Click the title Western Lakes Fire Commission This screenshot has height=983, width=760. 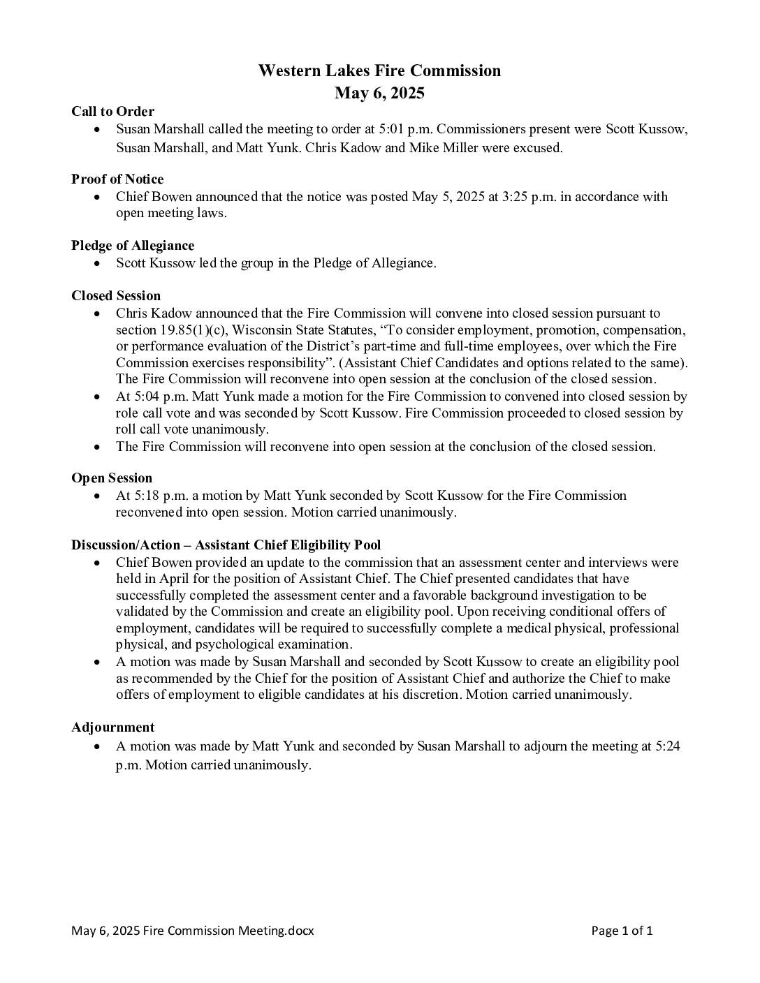(379, 71)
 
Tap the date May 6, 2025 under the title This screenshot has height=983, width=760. (379, 93)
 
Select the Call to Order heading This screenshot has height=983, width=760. (112, 111)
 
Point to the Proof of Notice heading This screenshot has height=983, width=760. (117, 179)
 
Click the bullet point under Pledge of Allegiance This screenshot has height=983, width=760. (98, 263)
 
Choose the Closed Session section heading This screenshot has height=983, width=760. (116, 295)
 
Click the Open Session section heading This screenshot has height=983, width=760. (112, 478)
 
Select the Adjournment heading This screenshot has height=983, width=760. (112, 727)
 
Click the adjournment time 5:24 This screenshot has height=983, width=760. (667, 746)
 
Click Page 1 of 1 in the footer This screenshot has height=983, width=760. (622, 931)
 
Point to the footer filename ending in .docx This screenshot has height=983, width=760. (192, 931)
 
